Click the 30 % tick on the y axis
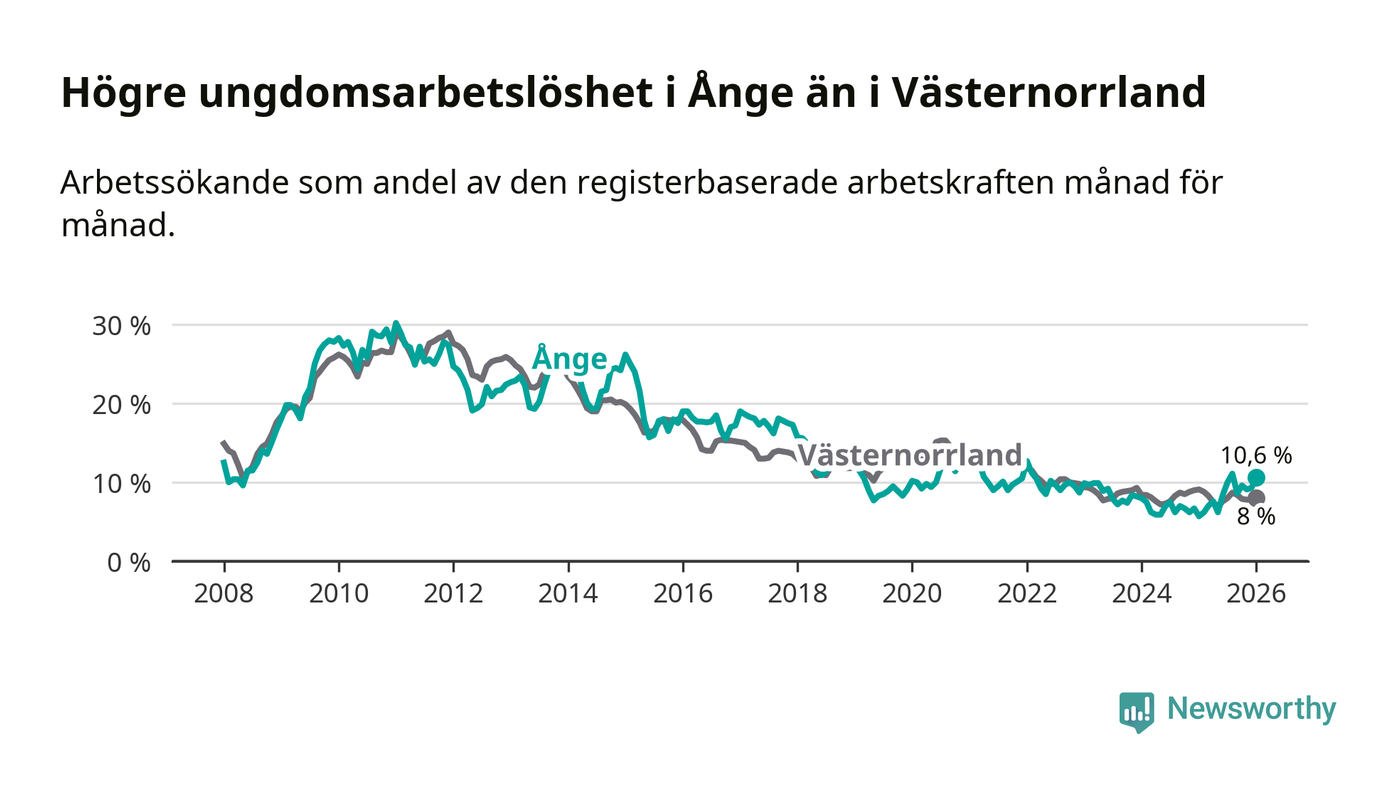(122, 326)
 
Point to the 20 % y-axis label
(122, 405)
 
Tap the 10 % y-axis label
(122, 483)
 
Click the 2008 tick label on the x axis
(224, 592)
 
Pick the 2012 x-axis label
(453, 592)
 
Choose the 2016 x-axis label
(682, 592)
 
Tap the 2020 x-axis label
(912, 592)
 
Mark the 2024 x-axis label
(1141, 592)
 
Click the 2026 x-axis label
(1256, 592)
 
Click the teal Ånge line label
(569, 358)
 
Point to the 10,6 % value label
(1256, 455)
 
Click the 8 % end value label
(1256, 517)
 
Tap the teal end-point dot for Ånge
(1256, 478)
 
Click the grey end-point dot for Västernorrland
(1257, 498)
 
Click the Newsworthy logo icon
(1136, 711)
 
